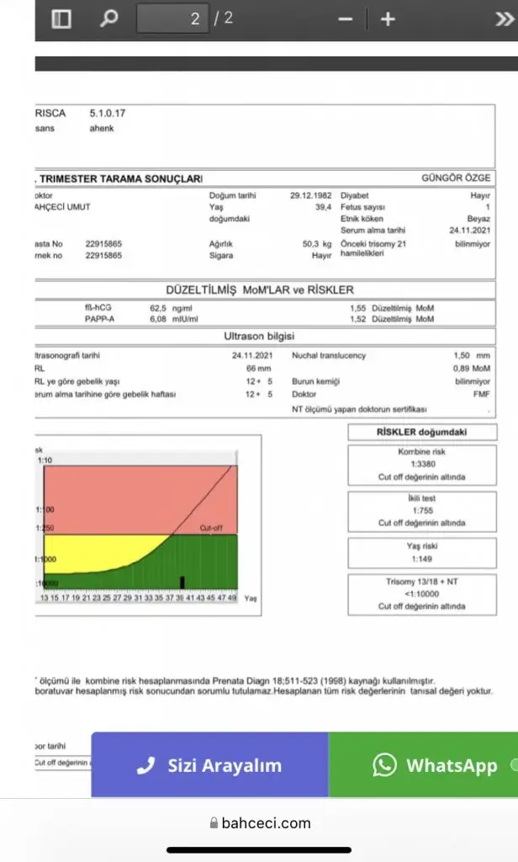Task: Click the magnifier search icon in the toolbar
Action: coord(109,19)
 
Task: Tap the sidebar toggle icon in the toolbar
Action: coord(61,19)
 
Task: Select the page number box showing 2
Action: coord(172,19)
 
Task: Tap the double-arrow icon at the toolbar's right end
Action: coord(504,19)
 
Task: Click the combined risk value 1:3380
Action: coord(421,464)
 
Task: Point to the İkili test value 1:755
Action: coord(421,510)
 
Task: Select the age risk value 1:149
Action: coord(421,558)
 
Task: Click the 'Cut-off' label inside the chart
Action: coord(211,528)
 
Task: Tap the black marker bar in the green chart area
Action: coord(182,582)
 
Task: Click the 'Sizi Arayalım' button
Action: coord(210,765)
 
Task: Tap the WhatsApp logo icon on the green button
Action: coord(385,764)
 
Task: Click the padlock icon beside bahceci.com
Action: coord(214,823)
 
